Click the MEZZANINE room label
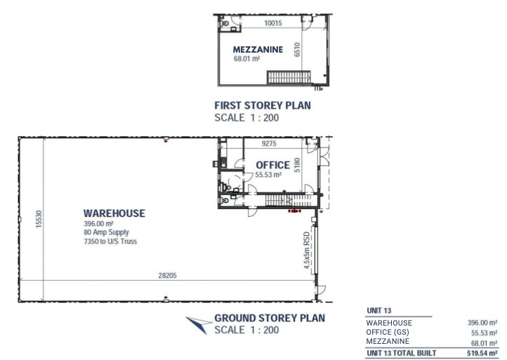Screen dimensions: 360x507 coord(258,50)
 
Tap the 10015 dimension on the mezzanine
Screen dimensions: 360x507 coord(273,23)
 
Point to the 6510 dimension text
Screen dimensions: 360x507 coord(298,49)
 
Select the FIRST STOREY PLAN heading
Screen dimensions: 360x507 coord(262,106)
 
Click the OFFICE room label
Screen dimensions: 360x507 coord(268,166)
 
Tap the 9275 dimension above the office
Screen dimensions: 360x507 coord(271,144)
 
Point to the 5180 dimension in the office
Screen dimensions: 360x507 coord(297,165)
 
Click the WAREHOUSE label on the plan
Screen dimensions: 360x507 coord(114,213)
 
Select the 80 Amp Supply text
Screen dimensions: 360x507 coord(106,232)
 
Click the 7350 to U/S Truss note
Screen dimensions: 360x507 coord(110,241)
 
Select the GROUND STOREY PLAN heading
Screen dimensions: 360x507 coord(269,318)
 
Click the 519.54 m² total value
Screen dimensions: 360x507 coord(482,353)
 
